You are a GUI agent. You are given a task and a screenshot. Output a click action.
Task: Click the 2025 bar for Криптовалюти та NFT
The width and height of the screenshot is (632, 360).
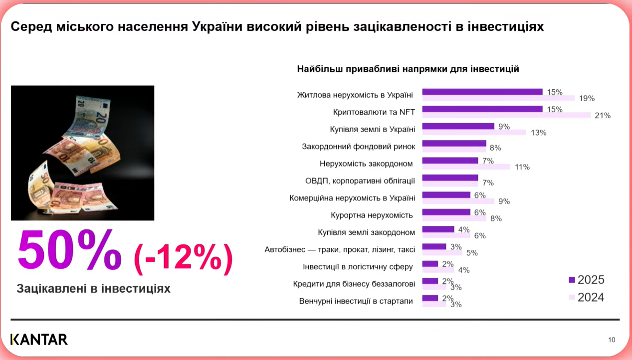click(482, 109)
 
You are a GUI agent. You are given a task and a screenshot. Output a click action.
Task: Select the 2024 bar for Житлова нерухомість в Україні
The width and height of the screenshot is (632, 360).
click(498, 98)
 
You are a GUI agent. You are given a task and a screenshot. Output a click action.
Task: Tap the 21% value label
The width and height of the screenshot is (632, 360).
click(603, 116)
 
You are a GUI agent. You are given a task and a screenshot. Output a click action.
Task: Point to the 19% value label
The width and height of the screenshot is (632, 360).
click(587, 99)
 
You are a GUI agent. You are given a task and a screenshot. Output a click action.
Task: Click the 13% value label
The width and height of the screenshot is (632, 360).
click(539, 133)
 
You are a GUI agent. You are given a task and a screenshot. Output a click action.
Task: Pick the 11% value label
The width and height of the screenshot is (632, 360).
click(522, 167)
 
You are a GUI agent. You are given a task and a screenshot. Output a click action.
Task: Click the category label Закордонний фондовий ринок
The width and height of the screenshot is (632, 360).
click(358, 147)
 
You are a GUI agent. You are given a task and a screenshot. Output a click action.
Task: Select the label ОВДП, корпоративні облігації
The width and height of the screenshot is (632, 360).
click(360, 180)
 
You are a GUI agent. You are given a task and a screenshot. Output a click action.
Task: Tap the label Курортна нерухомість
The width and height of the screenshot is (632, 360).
click(372, 215)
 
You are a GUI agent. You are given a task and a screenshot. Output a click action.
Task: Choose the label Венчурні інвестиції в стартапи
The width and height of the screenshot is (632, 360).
click(356, 301)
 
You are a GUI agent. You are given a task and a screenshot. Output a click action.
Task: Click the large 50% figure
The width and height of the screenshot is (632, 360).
click(70, 251)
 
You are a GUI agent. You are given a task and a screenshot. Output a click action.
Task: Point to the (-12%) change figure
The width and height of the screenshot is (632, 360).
click(183, 258)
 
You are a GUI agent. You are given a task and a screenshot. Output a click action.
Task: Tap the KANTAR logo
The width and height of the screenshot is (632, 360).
click(39, 340)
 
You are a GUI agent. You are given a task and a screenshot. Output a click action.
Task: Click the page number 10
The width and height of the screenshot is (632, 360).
click(612, 340)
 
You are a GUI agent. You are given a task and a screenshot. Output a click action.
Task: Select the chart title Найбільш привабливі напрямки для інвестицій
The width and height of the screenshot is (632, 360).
click(408, 69)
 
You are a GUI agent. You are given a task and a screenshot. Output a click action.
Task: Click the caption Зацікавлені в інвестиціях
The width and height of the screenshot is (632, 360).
click(93, 289)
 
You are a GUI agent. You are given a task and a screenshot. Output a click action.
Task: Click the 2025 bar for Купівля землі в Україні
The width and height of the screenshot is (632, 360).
click(458, 126)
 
